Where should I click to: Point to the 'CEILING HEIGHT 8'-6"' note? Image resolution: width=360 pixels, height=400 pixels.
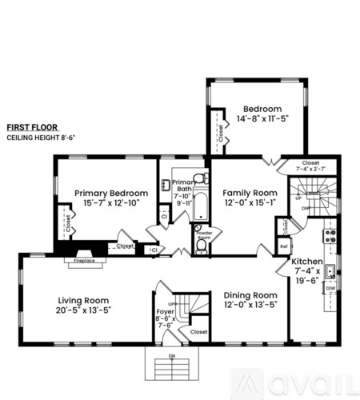point(38,138)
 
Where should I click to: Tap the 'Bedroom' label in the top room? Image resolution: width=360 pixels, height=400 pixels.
point(262,109)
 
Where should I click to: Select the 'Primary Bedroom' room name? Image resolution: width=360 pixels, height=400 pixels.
point(111,193)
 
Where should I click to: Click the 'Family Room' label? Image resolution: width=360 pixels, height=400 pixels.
point(250,193)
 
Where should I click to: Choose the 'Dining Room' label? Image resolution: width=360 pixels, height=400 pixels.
point(250,294)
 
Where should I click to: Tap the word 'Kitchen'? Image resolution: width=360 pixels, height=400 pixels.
point(306,262)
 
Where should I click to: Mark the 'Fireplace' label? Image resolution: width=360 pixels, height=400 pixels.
point(84,260)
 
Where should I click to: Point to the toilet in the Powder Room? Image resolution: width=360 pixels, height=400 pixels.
point(201,246)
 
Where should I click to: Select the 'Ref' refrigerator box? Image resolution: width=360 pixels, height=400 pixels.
point(283,246)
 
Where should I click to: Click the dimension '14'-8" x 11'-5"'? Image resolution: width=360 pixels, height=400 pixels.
point(262,118)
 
